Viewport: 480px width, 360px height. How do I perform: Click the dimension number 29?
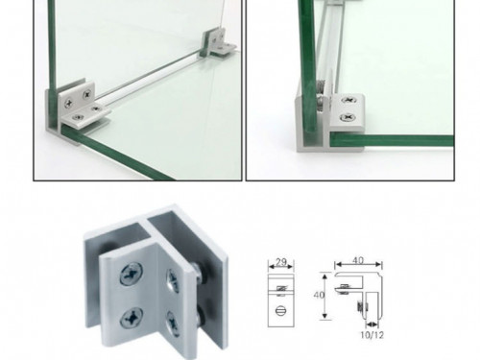pyautogui.click(x=281, y=262)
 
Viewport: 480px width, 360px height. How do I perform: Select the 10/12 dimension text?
pyautogui.click(x=372, y=335)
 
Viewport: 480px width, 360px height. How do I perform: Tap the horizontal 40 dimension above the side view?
pyautogui.click(x=358, y=260)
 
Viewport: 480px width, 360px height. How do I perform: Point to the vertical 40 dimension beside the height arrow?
pyautogui.click(x=319, y=295)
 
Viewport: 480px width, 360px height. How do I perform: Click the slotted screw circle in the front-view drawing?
pyautogui.click(x=280, y=310)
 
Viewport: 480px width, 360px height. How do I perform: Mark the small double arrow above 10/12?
pyautogui.click(x=372, y=324)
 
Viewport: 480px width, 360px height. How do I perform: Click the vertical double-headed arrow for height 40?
pyautogui.click(x=325, y=296)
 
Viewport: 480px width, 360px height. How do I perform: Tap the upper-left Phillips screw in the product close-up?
pyautogui.click(x=132, y=274)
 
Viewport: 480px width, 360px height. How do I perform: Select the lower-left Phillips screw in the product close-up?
pyautogui.click(x=132, y=318)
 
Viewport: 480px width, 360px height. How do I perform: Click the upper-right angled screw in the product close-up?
pyautogui.click(x=173, y=280)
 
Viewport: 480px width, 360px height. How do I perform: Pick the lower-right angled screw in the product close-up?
pyautogui.click(x=173, y=324)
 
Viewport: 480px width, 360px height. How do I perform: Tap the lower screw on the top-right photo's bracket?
pyautogui.click(x=348, y=117)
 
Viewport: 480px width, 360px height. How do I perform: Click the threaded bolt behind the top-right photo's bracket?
pyautogui.click(x=320, y=96)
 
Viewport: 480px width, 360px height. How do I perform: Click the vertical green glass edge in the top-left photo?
pyautogui.click(x=52, y=45)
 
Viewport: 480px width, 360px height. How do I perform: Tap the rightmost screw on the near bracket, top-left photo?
pyautogui.click(x=95, y=108)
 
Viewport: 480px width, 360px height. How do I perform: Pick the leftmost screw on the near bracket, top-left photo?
pyautogui.click(x=68, y=103)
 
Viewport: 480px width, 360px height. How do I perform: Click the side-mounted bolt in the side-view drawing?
pyautogui.click(x=362, y=306)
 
